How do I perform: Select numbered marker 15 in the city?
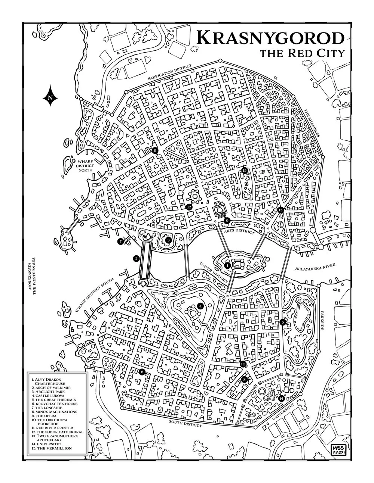coord(245,171)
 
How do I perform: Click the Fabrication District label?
coord(169,72)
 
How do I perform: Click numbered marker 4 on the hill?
coord(201,306)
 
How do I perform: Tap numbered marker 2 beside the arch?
coord(137,258)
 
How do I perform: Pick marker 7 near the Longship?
coord(120,242)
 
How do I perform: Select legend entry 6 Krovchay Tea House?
coord(55,403)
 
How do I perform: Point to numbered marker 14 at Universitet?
coord(281,398)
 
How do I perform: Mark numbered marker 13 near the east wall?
coord(281,211)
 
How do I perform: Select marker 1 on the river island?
coord(227,265)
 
